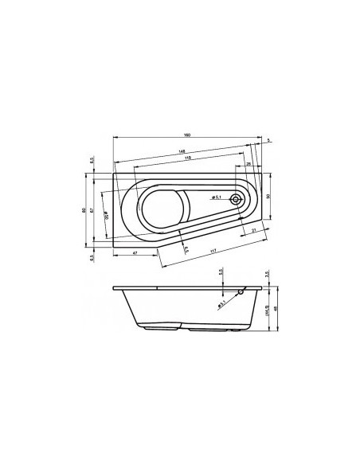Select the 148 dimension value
183,151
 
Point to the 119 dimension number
187,159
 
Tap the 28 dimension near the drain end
248,164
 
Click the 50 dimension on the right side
268,196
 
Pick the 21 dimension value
254,231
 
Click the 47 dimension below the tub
134,252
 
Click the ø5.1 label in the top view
217,197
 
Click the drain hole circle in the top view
236,200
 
